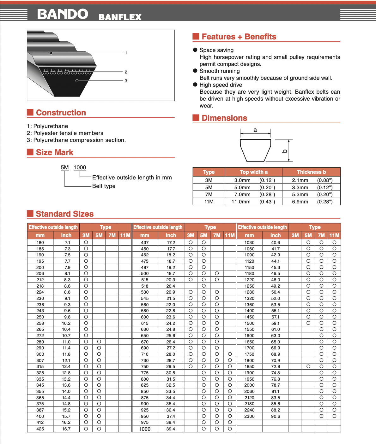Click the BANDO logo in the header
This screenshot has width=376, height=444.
[63, 14]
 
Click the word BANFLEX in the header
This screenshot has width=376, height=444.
[120, 17]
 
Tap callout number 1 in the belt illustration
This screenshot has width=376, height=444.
[126, 53]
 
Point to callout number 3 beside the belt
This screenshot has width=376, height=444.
[126, 81]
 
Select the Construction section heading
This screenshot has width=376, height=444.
[61, 113]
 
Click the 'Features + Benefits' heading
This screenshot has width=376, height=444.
[239, 37]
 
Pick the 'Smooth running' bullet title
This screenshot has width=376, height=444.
[220, 71]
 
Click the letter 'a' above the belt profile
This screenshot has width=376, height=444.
[255, 130]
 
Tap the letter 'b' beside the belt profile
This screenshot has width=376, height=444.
[284, 151]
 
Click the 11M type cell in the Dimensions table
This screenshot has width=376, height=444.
[209, 202]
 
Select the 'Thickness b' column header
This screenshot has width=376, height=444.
[311, 172]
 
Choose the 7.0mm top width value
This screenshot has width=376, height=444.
[242, 195]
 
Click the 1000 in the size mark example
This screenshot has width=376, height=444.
[80, 167]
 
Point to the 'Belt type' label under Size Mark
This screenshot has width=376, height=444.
[104, 186]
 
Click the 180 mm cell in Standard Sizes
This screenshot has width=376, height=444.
[40, 242]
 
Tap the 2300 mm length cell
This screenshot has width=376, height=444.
[249, 416]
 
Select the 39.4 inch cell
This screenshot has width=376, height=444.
[171, 429]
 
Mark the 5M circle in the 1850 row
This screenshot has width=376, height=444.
[308, 366]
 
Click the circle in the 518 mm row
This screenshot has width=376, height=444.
[203, 286]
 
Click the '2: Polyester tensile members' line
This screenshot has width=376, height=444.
[65, 133]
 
